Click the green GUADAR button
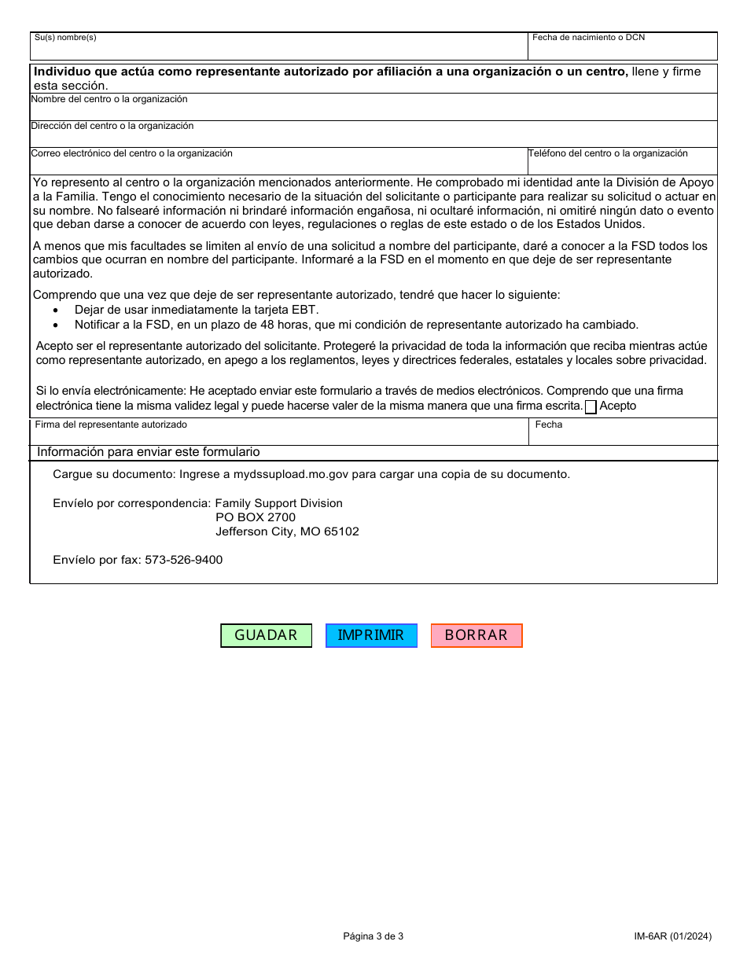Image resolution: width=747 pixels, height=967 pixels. coord(266,635)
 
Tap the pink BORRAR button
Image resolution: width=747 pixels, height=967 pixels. coord(477,635)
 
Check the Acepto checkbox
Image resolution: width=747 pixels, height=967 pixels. coord(591,407)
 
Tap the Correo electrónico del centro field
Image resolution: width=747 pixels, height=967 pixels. coord(278,164)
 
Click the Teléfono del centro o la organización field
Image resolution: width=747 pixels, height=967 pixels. coord(622,164)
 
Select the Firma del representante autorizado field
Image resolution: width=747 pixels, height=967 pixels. coord(278,435)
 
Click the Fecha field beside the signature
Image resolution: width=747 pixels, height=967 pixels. coord(622,435)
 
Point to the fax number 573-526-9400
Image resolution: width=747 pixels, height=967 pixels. coord(183,560)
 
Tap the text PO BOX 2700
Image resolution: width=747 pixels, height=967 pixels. coord(256,517)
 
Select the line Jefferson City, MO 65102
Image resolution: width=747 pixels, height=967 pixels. coord(287,531)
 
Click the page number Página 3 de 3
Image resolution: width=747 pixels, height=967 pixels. coord(373,936)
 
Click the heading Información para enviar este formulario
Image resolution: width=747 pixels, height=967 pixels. coord(149,452)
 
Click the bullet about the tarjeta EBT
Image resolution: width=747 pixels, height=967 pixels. coord(197,310)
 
